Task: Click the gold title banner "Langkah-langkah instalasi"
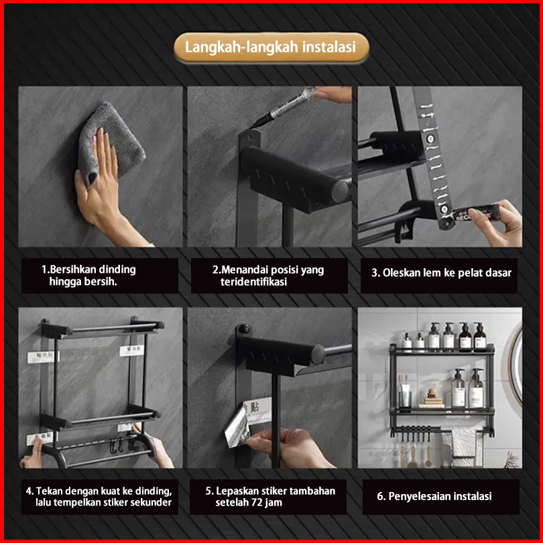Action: click(271, 48)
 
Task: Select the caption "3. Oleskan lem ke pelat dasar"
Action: click(441, 274)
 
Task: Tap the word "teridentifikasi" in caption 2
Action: click(253, 282)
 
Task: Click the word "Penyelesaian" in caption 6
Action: click(420, 496)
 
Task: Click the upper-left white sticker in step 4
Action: click(43, 357)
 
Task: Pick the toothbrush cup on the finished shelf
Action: click(405, 398)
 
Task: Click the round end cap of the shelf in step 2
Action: click(341, 192)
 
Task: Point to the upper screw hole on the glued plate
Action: click(430, 139)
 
